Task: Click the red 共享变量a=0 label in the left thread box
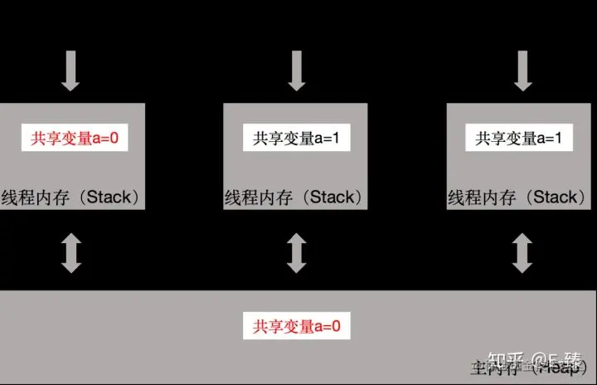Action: click(75, 139)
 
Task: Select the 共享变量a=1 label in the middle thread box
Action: click(297, 139)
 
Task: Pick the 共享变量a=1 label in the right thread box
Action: click(519, 139)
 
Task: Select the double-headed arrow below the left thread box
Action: click(71, 254)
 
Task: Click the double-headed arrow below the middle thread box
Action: click(296, 254)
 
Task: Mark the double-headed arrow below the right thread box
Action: click(522, 254)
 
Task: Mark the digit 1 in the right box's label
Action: click(558, 139)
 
